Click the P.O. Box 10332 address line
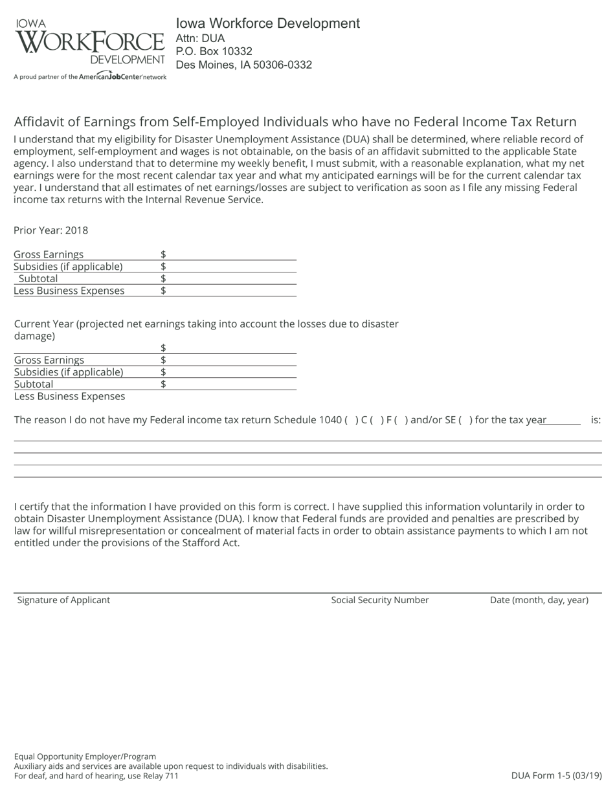click(214, 51)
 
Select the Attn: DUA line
click(200, 38)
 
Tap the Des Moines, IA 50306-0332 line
click(244, 65)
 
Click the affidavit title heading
click(295, 122)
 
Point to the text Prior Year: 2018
click(50, 230)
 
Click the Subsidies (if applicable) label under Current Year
click(69, 372)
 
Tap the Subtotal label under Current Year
click(34, 384)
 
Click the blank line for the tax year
click(561, 420)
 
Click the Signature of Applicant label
click(63, 600)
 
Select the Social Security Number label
click(380, 600)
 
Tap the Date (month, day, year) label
click(539, 600)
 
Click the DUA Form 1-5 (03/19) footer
click(556, 775)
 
